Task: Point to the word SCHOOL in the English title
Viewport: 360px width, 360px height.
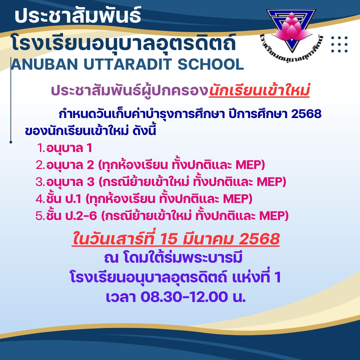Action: pyautogui.click(x=211, y=64)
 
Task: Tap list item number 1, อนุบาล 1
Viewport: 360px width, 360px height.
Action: pyautogui.click(x=65, y=148)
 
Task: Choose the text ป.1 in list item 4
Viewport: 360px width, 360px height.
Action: pyautogui.click(x=73, y=199)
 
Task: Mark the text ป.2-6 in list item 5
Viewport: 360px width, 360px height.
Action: pyautogui.click(x=81, y=216)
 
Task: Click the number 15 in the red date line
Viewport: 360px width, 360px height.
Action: pyautogui.click(x=169, y=239)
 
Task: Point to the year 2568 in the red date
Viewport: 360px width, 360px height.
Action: pyautogui.click(x=259, y=239)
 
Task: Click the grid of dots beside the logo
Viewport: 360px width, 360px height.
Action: pyautogui.click(x=340, y=44)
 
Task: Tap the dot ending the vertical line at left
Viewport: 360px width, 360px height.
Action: pyautogui.click(x=11, y=142)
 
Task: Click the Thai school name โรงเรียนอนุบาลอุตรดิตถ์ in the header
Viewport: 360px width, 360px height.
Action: pyautogui.click(x=124, y=43)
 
